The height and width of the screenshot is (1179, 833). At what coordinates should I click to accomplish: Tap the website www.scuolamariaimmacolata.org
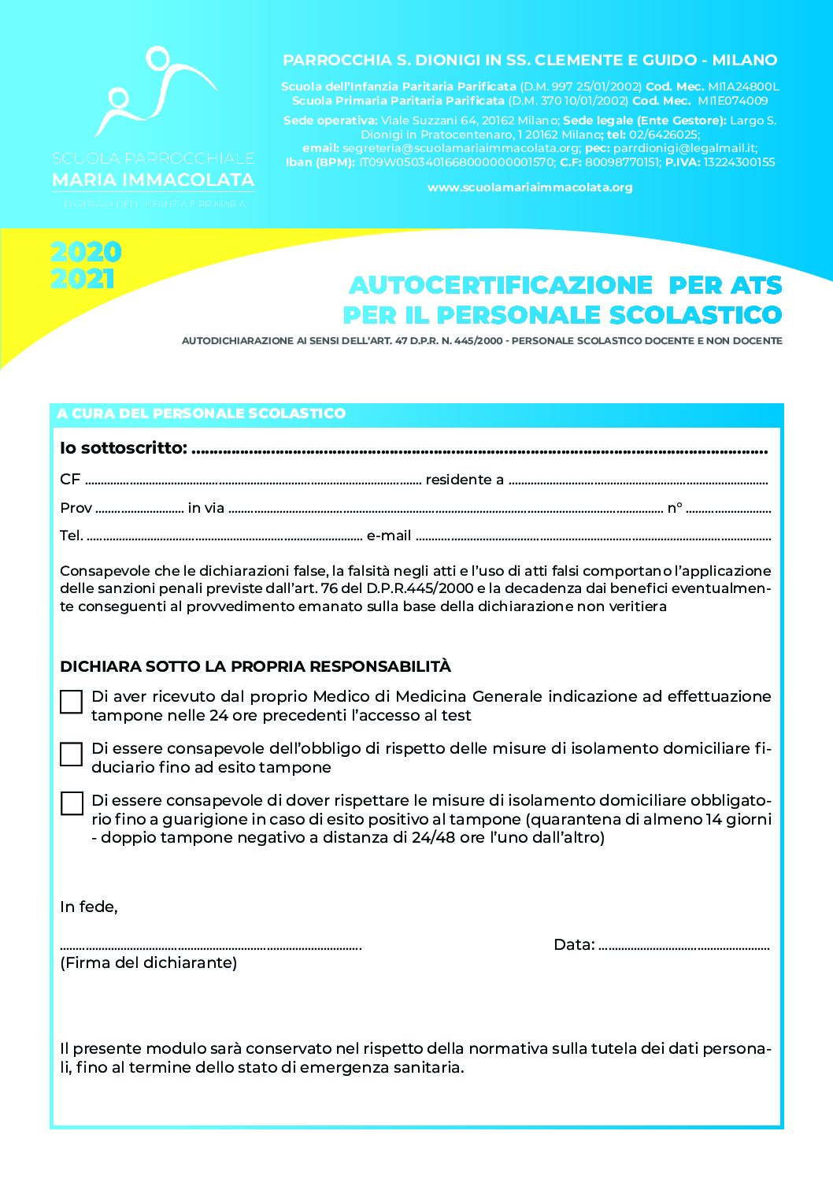530,187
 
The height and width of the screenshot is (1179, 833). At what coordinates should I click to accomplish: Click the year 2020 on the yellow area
86,252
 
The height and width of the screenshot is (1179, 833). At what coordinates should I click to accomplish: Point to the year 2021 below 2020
83,279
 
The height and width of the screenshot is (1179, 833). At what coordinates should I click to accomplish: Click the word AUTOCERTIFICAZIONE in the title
501,284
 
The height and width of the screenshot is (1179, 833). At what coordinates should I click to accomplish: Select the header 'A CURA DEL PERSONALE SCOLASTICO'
201,413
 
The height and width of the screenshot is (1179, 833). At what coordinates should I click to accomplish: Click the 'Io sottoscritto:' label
124,448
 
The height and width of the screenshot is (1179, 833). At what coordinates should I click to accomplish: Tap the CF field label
70,480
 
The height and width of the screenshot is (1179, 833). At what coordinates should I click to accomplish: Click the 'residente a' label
465,480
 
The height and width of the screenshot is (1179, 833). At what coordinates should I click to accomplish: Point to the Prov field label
76,508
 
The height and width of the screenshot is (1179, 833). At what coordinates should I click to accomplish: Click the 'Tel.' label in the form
72,536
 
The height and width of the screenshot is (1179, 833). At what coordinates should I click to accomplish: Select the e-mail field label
389,536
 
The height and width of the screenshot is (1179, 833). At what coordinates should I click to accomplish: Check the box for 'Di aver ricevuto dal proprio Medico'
72,702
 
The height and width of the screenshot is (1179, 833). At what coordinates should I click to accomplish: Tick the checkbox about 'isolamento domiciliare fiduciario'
72,754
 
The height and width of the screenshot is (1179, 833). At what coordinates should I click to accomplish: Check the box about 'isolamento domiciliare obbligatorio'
72,803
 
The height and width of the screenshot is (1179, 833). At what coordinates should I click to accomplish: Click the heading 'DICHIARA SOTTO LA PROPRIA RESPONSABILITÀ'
255,666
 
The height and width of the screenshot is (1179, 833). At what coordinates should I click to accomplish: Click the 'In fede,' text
89,906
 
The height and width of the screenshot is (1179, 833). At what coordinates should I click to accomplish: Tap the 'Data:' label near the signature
574,944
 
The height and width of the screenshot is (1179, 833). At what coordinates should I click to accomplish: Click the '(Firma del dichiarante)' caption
148,962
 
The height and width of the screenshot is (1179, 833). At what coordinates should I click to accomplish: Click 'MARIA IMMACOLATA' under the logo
153,180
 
